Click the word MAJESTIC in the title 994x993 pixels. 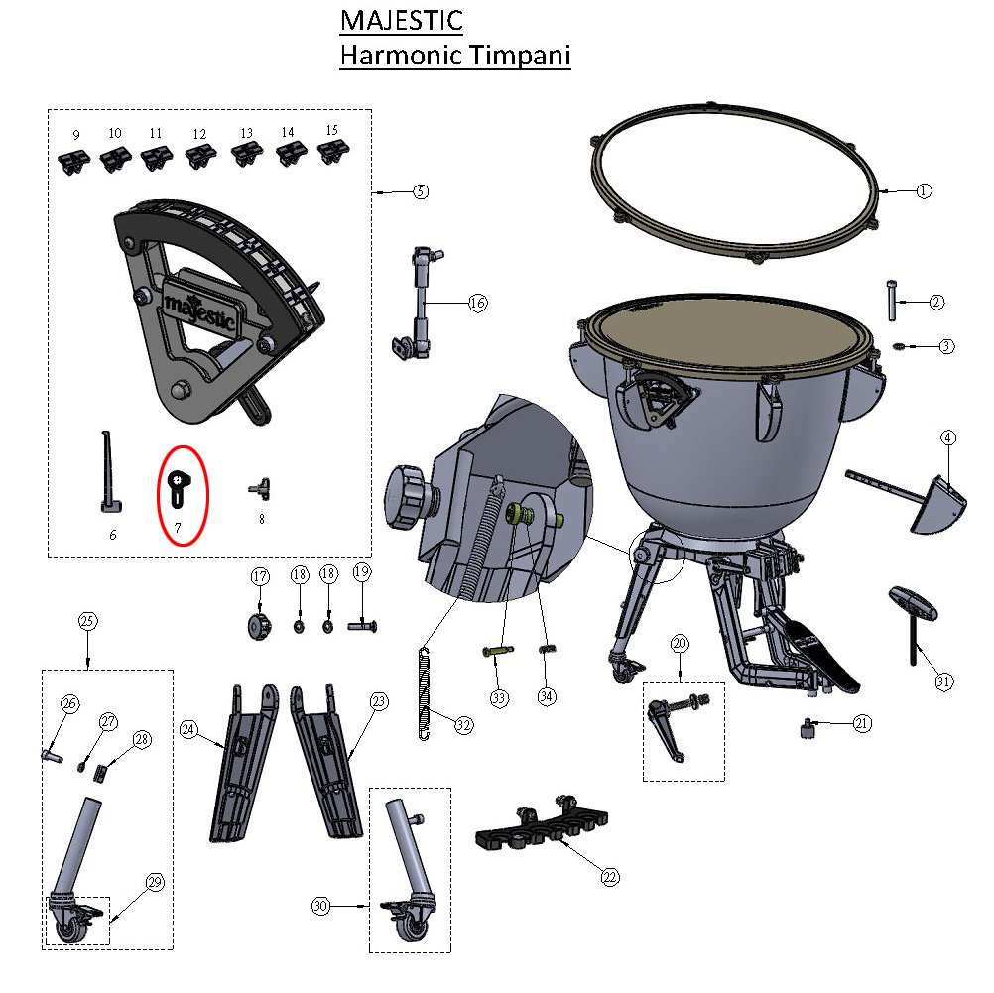click(402, 20)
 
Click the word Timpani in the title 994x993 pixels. click(520, 56)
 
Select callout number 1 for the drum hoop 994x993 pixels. click(924, 190)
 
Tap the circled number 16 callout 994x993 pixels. click(477, 303)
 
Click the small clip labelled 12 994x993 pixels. click(201, 156)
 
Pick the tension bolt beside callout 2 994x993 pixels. click(892, 301)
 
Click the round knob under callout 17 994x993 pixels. click(258, 627)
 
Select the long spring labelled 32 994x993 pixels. click(425, 693)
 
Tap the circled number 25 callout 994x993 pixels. click(87, 621)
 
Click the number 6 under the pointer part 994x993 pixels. click(113, 535)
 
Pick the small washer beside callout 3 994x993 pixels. click(897, 345)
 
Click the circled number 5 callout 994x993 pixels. click(421, 191)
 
